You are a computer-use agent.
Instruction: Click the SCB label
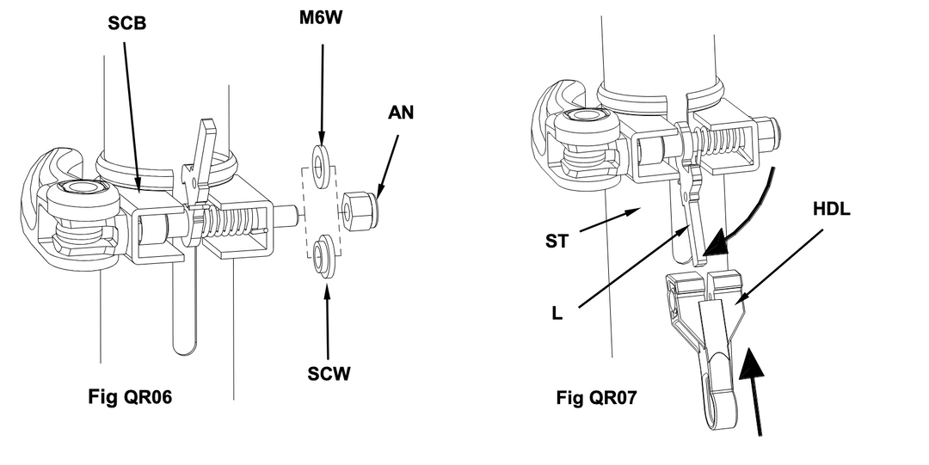point(126,24)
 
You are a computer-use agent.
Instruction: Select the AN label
point(401,113)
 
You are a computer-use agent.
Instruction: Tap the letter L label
point(556,314)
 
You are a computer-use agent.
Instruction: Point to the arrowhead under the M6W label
point(323,140)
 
